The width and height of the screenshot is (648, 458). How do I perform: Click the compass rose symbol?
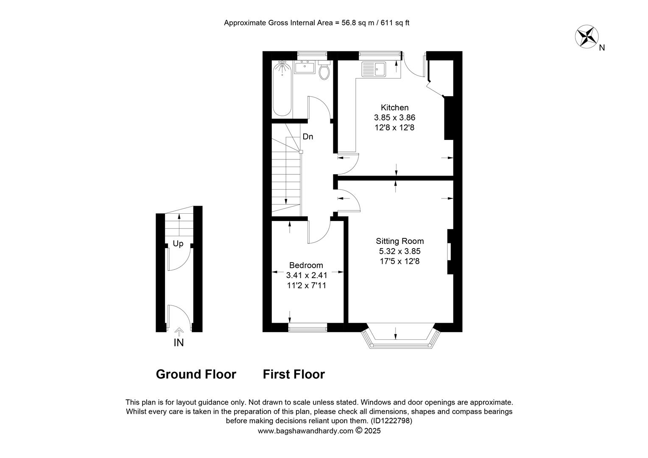[x=587, y=36]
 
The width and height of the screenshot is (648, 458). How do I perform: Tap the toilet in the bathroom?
[x=324, y=70]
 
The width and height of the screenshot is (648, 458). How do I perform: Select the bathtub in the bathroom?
[x=282, y=88]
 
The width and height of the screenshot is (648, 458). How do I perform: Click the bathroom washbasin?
[x=304, y=67]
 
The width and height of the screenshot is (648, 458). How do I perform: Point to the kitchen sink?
[x=374, y=69]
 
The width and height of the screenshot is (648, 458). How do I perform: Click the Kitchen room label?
[x=394, y=108]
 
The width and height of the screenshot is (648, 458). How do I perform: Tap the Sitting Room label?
[x=400, y=241]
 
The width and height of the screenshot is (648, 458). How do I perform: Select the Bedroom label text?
[x=306, y=265]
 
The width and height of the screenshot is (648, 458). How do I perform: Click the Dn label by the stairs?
[x=308, y=137]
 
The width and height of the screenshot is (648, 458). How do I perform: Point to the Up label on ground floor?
[x=178, y=244]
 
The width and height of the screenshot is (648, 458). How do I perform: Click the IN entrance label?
[x=179, y=343]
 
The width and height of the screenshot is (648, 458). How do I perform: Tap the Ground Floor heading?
[x=196, y=374]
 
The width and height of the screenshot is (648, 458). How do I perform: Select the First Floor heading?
[x=294, y=374]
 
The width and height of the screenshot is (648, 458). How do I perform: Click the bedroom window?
[x=308, y=327]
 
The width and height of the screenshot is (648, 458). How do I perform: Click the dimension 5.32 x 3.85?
[x=400, y=251]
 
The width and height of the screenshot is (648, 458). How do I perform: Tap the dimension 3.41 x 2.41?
[x=307, y=275]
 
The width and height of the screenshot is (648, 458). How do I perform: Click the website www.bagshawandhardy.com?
[x=305, y=431]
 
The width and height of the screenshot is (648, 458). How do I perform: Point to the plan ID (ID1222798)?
[x=391, y=421]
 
